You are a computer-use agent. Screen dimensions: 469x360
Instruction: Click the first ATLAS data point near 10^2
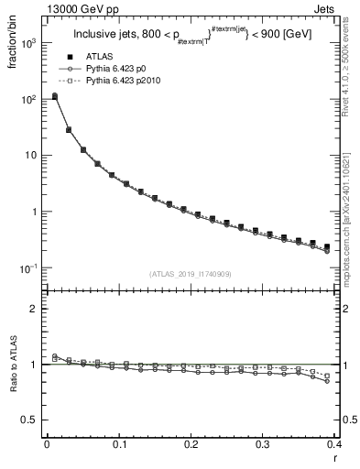click(x=54, y=96)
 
